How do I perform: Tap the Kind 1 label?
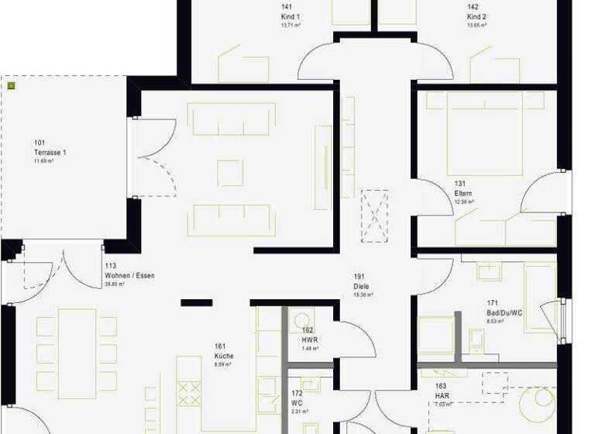coord(291,16)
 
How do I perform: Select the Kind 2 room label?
coord(476,16)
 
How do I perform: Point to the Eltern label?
coord(463,193)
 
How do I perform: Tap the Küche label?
coord(224,356)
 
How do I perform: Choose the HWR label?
coord(309,339)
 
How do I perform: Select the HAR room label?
coord(441,395)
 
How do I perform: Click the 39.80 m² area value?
coord(115,284)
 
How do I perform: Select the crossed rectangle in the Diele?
coord(376,215)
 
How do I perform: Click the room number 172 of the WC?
coord(297,392)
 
